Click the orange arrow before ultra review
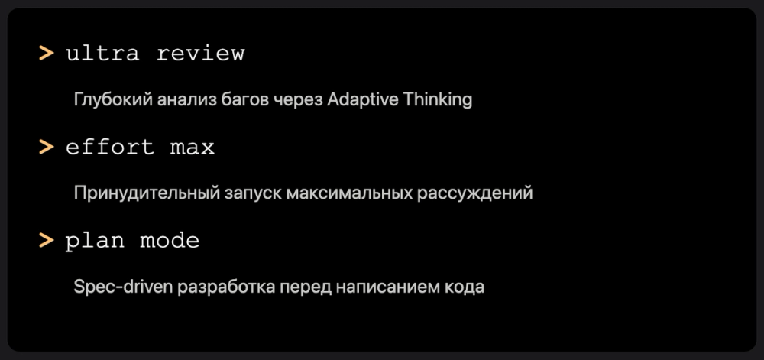click(47, 54)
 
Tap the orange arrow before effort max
click(47, 147)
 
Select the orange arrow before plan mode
click(47, 241)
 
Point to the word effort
click(111, 147)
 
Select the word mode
click(170, 241)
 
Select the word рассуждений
click(474, 193)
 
